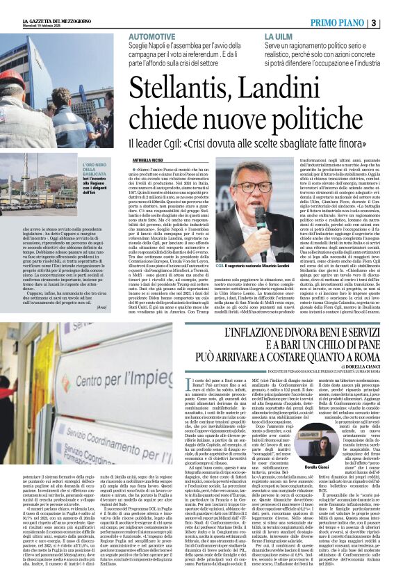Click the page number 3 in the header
point(394,23)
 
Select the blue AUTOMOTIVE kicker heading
point(152,34)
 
